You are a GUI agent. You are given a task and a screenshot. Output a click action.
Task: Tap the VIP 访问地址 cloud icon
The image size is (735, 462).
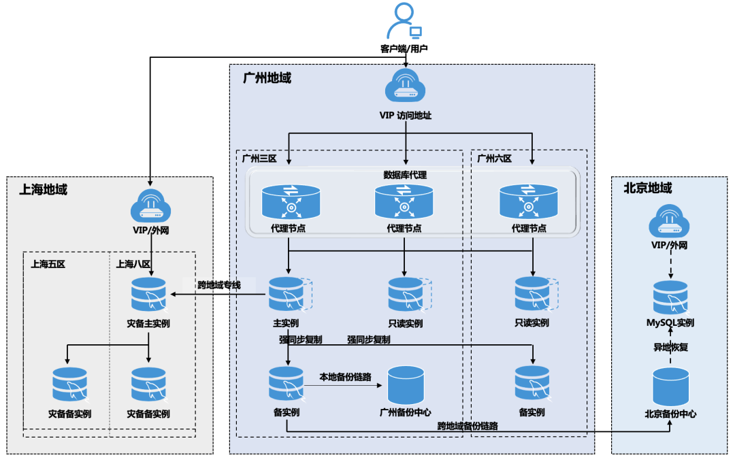pyautogui.click(x=406, y=87)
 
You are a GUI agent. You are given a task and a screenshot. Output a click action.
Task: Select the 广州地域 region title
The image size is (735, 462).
pyautogui.click(x=267, y=78)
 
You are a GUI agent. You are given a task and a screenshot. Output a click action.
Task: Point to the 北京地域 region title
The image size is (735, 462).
pyautogui.click(x=647, y=188)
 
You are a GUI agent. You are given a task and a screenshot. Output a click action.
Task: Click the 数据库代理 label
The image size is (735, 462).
pyautogui.click(x=405, y=175)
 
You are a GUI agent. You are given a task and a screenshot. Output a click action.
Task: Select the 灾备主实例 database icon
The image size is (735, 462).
pyautogui.click(x=148, y=294)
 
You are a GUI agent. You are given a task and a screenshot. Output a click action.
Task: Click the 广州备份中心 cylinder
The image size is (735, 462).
pyautogui.click(x=405, y=384)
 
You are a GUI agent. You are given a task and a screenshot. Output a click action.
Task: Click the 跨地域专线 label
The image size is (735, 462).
pyautogui.click(x=219, y=284)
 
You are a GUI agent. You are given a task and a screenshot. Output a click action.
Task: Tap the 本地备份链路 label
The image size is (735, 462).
pyautogui.click(x=346, y=376)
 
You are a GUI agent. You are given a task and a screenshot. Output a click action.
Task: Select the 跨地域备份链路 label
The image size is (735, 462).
pyautogui.click(x=468, y=426)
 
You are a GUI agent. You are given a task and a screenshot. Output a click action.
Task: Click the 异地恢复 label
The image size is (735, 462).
pyautogui.click(x=670, y=347)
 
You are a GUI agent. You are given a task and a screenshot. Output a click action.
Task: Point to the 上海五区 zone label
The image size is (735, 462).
pyautogui.click(x=48, y=264)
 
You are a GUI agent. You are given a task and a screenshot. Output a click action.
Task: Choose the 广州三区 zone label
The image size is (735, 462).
pyautogui.click(x=259, y=159)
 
